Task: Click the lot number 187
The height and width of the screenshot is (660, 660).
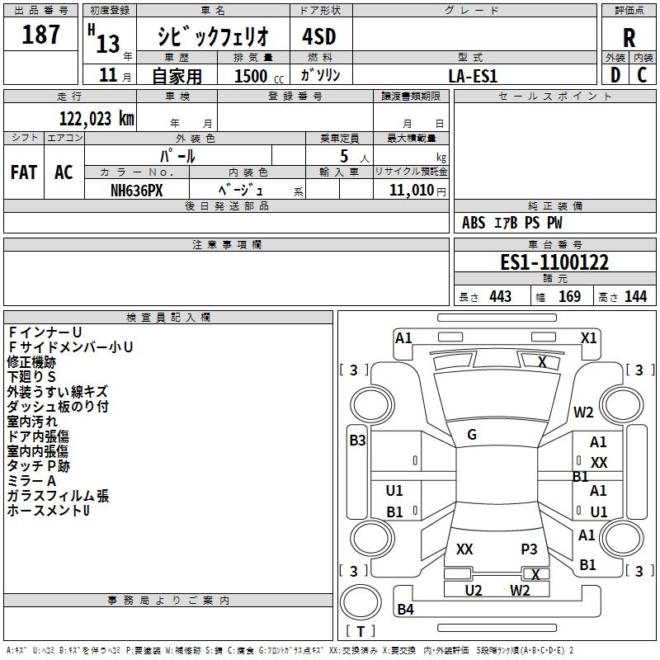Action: tap(41, 35)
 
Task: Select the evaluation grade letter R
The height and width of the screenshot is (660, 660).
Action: tap(629, 38)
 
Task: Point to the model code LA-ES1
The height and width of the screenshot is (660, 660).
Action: tap(473, 75)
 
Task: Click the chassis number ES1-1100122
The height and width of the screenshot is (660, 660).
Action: tap(554, 263)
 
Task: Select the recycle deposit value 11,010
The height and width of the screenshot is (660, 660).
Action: tap(411, 190)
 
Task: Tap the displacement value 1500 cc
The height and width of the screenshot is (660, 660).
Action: tap(256, 76)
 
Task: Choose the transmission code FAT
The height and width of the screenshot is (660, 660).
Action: tap(24, 172)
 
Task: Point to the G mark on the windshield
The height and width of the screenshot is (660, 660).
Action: tap(472, 435)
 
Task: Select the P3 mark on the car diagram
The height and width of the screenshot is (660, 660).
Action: tap(529, 549)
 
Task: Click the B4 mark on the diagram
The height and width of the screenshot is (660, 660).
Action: tap(405, 610)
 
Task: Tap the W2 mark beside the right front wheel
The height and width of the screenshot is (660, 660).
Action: tap(584, 412)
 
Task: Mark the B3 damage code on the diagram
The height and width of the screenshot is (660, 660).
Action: tap(357, 441)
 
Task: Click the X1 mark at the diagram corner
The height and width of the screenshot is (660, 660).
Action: tap(588, 337)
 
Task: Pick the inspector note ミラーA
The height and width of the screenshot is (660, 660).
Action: tap(31, 481)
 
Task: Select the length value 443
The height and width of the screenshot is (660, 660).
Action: tap(499, 296)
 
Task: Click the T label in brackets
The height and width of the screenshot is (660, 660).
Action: tap(361, 631)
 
